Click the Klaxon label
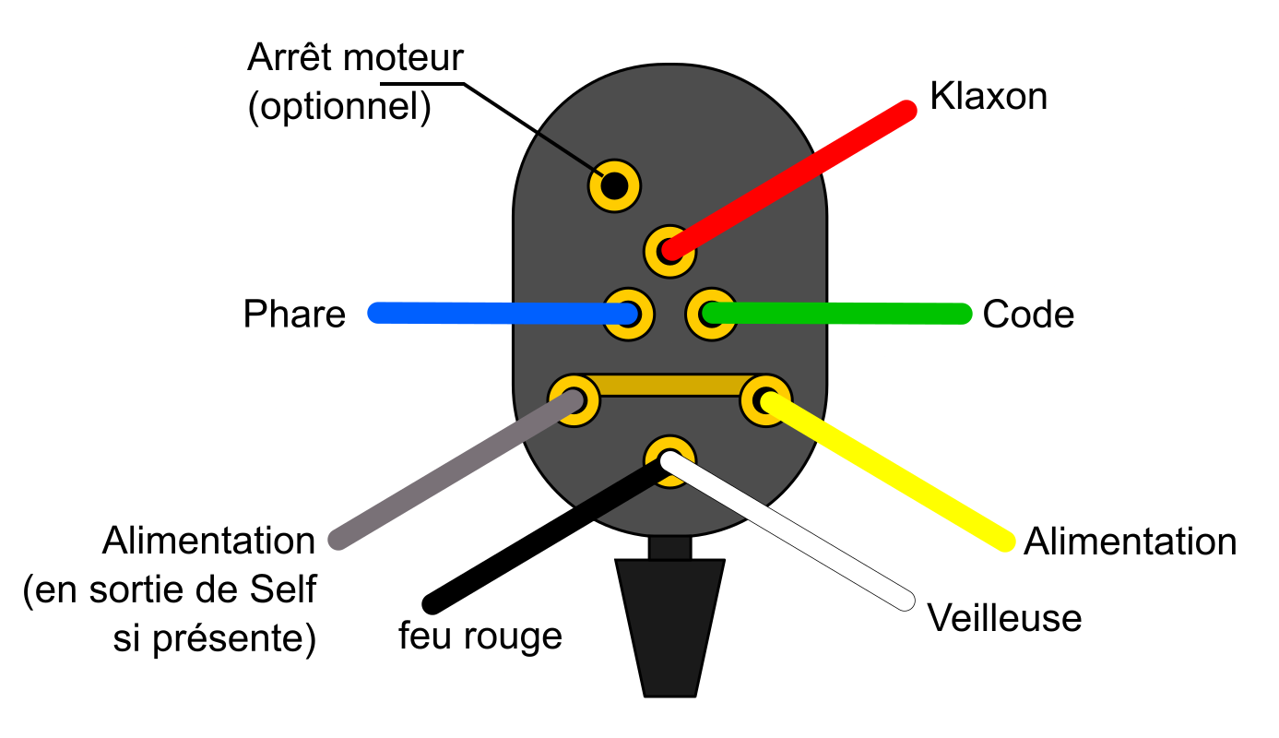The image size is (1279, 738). click(x=989, y=96)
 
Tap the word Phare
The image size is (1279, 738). click(x=294, y=315)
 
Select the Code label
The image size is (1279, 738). click(x=1028, y=315)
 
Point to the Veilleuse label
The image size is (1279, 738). click(x=1004, y=617)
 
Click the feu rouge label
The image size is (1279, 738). click(x=480, y=636)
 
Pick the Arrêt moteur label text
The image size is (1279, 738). click(x=354, y=59)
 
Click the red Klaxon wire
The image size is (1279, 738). click(x=793, y=178)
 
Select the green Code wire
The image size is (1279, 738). click(x=839, y=314)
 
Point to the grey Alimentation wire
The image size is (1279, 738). click(x=452, y=470)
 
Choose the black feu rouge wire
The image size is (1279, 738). click(x=544, y=535)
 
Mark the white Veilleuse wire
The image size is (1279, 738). click(x=793, y=535)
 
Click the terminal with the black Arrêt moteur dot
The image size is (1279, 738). click(x=614, y=186)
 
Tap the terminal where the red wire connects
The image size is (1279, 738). click(x=669, y=249)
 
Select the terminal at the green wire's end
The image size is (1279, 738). click(x=711, y=314)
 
